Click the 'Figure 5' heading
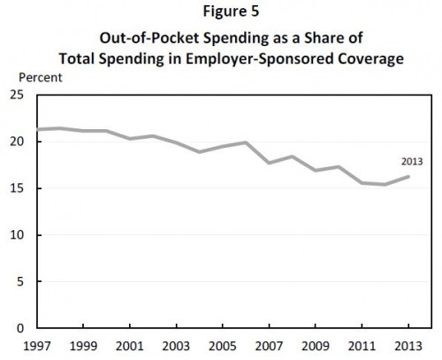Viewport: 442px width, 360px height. pos(231,11)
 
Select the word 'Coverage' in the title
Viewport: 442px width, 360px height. pos(370,59)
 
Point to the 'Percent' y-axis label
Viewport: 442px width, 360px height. pos(41,78)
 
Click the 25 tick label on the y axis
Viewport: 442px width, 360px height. pos(17,95)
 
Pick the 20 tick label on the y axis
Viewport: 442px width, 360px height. pos(17,142)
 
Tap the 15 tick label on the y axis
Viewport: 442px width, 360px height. pos(17,188)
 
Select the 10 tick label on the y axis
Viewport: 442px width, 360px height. pos(17,235)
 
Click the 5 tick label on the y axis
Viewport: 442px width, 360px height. pos(20,281)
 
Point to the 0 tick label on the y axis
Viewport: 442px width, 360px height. pos(20,328)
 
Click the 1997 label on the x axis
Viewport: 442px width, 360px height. pos(37,346)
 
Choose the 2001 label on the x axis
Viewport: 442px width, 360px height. pos(130,346)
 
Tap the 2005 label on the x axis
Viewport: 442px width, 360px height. pos(223,346)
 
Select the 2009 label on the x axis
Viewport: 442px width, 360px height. pos(316,346)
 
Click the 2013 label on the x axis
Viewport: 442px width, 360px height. pos(408,346)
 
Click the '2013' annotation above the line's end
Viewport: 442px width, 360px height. pos(412,162)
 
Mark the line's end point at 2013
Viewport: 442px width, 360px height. pos(408,177)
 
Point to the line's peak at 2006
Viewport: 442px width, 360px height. pos(246,142)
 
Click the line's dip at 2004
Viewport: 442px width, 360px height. pos(200,152)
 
